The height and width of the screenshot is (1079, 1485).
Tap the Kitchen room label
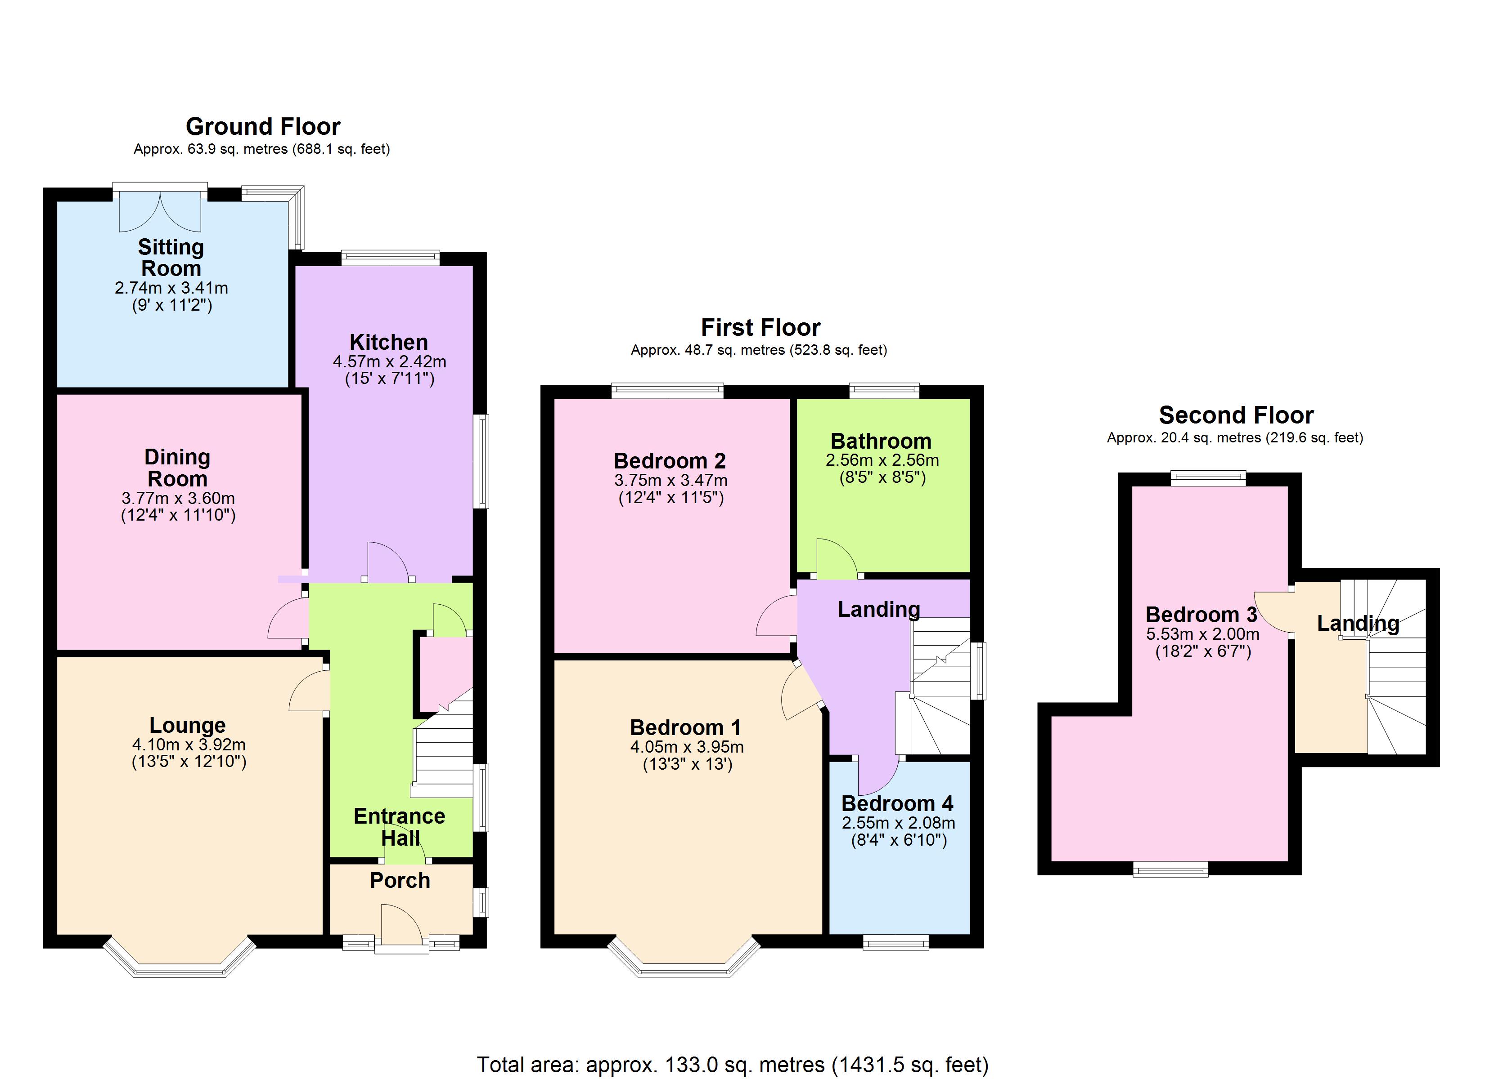pos(388,342)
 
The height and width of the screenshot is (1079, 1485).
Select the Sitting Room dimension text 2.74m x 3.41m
pos(171,288)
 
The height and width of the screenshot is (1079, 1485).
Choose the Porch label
pos(400,881)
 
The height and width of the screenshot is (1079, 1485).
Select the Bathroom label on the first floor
pos(881,441)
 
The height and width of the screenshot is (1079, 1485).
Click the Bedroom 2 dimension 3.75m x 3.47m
pos(670,480)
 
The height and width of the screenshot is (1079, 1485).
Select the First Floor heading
pos(760,327)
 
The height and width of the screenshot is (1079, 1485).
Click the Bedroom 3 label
pos(1201,615)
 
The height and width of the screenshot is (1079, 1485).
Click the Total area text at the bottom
pos(732,1065)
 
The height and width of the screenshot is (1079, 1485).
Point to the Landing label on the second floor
pos(1358,624)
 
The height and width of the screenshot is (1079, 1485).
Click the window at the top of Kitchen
pos(390,257)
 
